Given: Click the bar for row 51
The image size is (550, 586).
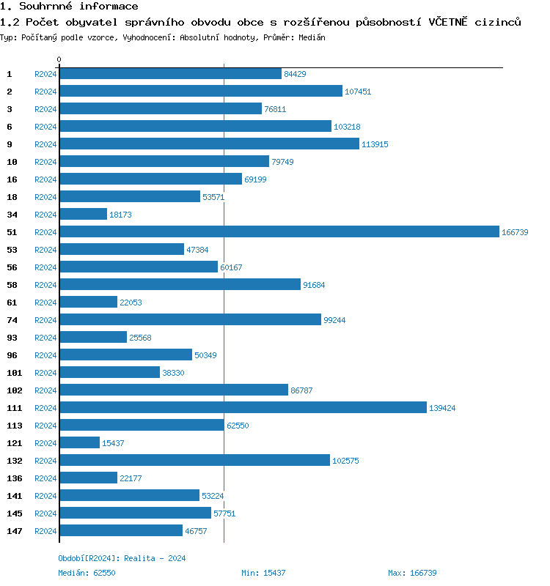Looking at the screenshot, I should (279, 231).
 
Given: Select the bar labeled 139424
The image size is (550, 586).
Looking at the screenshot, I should (243, 407).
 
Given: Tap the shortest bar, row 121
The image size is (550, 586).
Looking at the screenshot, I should (80, 442).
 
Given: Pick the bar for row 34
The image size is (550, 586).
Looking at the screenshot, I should (84, 214).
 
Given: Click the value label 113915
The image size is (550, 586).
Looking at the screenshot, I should (375, 144).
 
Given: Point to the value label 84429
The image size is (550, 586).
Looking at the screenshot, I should (295, 74).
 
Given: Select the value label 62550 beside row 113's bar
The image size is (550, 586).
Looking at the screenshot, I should (238, 426).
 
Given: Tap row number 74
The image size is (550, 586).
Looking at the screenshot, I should (12, 319).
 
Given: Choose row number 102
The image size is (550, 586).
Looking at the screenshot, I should (15, 390).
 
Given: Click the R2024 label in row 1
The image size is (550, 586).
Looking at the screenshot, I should (45, 74).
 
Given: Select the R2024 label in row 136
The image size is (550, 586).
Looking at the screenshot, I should (45, 478).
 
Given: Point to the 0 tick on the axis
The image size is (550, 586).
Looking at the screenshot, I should (59, 59).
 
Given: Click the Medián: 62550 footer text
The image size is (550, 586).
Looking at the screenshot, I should (87, 573).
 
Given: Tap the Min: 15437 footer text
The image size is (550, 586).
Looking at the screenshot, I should (263, 573).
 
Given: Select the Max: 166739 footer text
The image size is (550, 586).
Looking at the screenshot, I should (412, 573).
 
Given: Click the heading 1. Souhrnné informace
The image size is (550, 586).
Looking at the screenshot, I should (69, 7).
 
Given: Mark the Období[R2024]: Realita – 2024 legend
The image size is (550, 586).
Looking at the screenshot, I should (122, 558).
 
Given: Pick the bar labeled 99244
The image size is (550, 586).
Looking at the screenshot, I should (191, 319).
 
